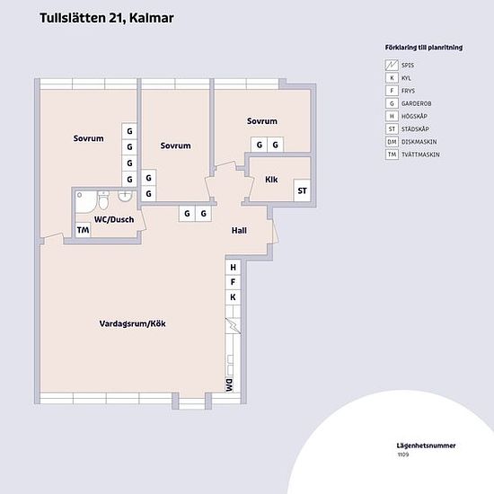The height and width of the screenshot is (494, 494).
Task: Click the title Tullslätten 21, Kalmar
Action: [107, 18]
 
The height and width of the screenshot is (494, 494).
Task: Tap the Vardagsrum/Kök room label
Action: [132, 323]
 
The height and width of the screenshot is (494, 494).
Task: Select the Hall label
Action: [239, 231]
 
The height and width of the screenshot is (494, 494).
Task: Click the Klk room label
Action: [271, 180]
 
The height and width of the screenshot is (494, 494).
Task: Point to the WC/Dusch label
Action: [114, 219]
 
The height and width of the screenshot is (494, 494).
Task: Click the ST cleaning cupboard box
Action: [302, 190]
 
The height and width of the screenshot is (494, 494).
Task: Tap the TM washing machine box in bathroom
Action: [84, 230]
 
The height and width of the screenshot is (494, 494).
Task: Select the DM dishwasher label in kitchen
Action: [230, 385]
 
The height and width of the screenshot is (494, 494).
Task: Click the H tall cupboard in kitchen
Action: [234, 267]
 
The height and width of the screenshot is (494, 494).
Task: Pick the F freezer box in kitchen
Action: [234, 282]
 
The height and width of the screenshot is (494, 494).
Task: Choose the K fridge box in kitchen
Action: [234, 297]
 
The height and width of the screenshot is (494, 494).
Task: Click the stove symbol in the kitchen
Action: [234, 326]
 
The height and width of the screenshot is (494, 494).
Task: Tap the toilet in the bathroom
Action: [103, 200]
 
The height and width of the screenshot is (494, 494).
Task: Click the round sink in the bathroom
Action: [125, 197]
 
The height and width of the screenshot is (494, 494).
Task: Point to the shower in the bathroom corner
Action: [85, 202]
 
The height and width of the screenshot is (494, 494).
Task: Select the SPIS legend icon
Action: [392, 66]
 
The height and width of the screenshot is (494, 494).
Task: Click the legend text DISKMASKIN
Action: [419, 142]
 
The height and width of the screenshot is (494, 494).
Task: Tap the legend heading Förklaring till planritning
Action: [424, 48]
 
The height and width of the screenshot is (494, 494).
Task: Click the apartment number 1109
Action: [403, 454]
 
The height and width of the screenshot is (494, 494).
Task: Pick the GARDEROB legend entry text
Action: [416, 103]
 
